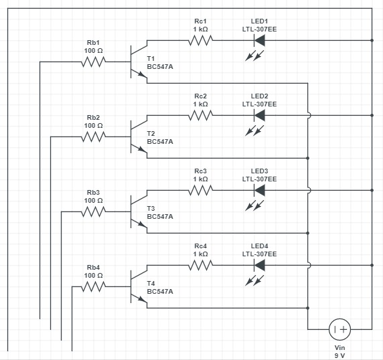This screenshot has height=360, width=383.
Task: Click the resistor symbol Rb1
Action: point(94,62)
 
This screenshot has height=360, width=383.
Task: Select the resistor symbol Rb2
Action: point(94,137)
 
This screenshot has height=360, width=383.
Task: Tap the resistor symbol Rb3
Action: point(94,212)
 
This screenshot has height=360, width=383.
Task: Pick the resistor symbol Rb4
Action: point(94,287)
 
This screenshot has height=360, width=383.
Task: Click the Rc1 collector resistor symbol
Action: point(201,40)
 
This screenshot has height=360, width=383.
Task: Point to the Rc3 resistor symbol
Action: point(201,190)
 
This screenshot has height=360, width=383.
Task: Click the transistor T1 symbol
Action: point(137,62)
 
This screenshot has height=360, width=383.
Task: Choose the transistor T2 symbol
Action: point(137,137)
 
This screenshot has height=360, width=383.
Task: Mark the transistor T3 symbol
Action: point(137,212)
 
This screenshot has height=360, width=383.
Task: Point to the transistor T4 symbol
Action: point(137,287)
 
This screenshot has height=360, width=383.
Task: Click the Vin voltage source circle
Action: point(340,329)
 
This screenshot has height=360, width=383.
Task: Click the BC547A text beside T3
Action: point(159,217)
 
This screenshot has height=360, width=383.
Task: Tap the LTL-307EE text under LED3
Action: point(259,179)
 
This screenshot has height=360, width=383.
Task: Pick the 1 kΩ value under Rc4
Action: point(201,254)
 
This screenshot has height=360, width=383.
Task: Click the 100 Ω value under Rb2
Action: point(94,125)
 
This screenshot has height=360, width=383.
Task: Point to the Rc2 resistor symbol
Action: point(201,115)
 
